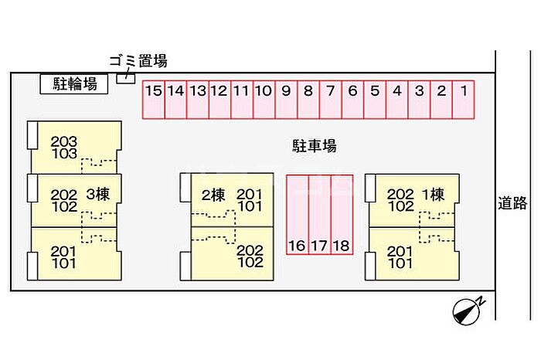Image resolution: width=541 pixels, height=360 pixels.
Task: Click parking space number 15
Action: (153, 100)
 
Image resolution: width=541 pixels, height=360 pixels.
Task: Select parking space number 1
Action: (464, 100)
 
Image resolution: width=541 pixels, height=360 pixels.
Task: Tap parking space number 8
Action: (308, 100)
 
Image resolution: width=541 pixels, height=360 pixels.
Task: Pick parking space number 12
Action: (219, 100)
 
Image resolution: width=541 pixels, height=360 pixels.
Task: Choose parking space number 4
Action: (397, 100)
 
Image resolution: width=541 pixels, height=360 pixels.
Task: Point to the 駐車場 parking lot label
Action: (314, 144)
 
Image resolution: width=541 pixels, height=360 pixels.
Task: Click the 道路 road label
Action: (512, 203)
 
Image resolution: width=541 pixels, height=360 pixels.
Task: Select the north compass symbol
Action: (468, 309)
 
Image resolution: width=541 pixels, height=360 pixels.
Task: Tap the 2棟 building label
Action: (213, 194)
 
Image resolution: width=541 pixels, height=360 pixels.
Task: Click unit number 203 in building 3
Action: (64, 141)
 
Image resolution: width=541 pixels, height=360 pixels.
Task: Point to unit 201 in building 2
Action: (249, 194)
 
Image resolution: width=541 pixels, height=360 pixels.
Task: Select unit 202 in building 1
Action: (400, 194)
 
